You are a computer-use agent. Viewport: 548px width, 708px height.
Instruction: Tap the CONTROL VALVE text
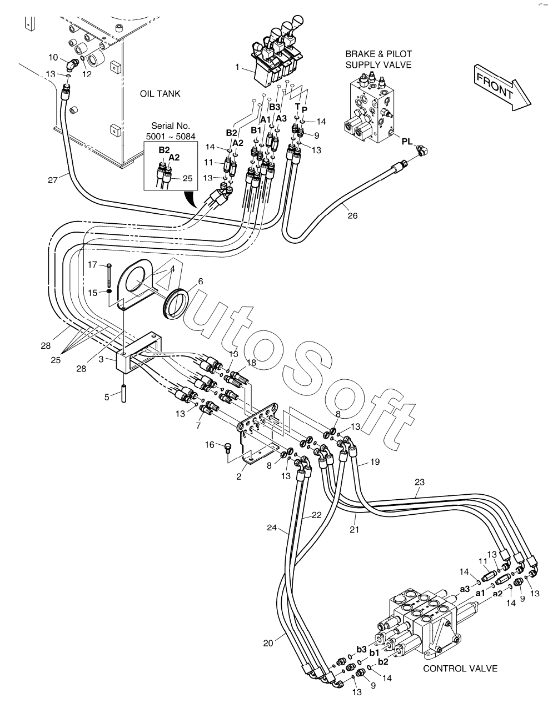(x=460, y=669)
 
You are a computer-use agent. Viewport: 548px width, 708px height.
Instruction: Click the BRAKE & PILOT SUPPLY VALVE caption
(x=378, y=59)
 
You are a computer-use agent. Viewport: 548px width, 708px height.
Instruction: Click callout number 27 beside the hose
(x=52, y=179)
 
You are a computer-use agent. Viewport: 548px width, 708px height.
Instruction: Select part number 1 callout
(x=237, y=67)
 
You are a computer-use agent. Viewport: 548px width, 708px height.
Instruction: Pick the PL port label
(x=407, y=142)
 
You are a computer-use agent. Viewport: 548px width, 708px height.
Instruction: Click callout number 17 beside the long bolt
(x=92, y=264)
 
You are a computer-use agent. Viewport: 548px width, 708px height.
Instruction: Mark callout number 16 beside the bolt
(x=210, y=444)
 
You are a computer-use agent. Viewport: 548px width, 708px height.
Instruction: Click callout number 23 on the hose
(x=419, y=483)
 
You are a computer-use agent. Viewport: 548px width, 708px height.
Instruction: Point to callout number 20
(x=268, y=643)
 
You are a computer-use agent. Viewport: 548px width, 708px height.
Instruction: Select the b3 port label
(x=361, y=649)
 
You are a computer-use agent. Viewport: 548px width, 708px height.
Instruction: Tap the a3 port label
(x=465, y=589)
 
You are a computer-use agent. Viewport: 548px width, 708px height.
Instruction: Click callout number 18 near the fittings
(x=251, y=362)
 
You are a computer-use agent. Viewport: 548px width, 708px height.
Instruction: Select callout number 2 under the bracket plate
(x=238, y=476)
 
